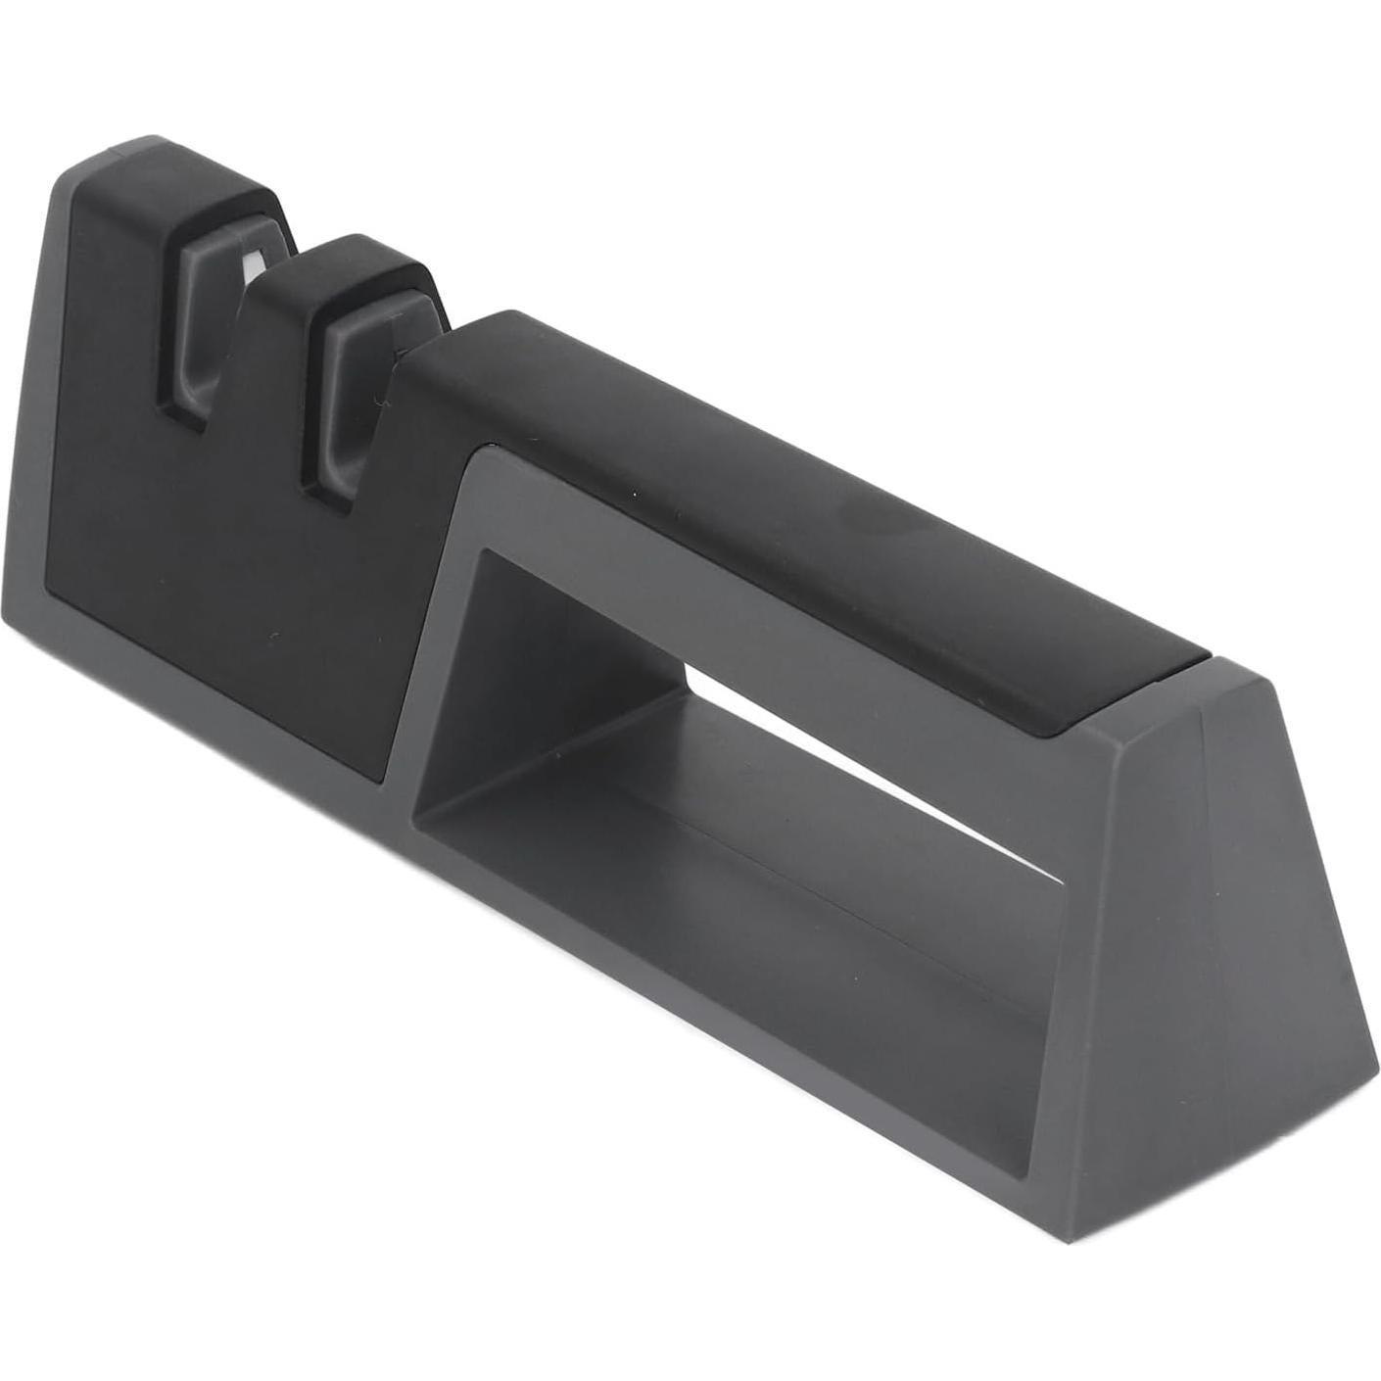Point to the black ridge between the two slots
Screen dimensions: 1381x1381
pos(294,294)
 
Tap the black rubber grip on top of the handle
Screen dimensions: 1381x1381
pos(784,509)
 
